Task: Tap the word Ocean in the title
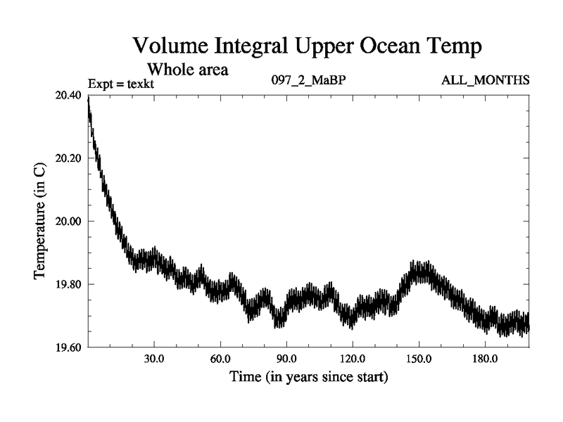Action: point(377,46)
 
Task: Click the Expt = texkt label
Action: point(121,84)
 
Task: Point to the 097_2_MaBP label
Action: point(308,80)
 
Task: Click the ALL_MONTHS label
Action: point(485,80)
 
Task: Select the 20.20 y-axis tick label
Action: point(68,158)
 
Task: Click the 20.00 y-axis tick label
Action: point(68,221)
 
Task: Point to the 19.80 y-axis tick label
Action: point(68,284)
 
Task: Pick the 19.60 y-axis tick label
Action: point(68,347)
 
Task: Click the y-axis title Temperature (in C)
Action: point(40,221)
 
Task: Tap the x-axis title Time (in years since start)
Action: point(308,377)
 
